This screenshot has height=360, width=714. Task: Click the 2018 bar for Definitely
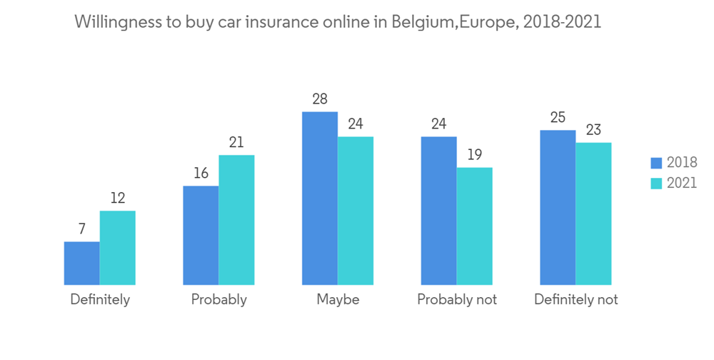pyautogui.click(x=82, y=263)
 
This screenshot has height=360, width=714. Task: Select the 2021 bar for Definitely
pyautogui.click(x=118, y=248)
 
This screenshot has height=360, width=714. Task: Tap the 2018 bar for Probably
pyautogui.click(x=201, y=235)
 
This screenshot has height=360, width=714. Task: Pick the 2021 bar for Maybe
pyautogui.click(x=356, y=211)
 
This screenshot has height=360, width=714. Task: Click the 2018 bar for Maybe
pyautogui.click(x=320, y=198)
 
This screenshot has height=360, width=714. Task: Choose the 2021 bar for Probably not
pyautogui.click(x=475, y=226)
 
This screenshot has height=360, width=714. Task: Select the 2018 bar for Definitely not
pyautogui.click(x=558, y=207)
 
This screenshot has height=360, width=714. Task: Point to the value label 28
pyautogui.click(x=319, y=99)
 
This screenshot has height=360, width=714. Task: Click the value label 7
pyautogui.click(x=82, y=229)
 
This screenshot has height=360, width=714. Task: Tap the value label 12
pyautogui.click(x=117, y=198)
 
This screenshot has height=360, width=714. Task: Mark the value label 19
pyautogui.click(x=474, y=155)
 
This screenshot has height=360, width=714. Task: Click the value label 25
pyautogui.click(x=558, y=117)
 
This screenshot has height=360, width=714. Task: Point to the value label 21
pyautogui.click(x=236, y=142)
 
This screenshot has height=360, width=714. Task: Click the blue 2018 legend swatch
pyautogui.click(x=655, y=163)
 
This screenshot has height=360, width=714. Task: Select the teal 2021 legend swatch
pyautogui.click(x=655, y=183)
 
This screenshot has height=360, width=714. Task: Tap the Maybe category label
pyautogui.click(x=338, y=299)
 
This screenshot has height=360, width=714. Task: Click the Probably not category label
pyautogui.click(x=457, y=299)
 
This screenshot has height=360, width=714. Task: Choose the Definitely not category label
pyautogui.click(x=576, y=299)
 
